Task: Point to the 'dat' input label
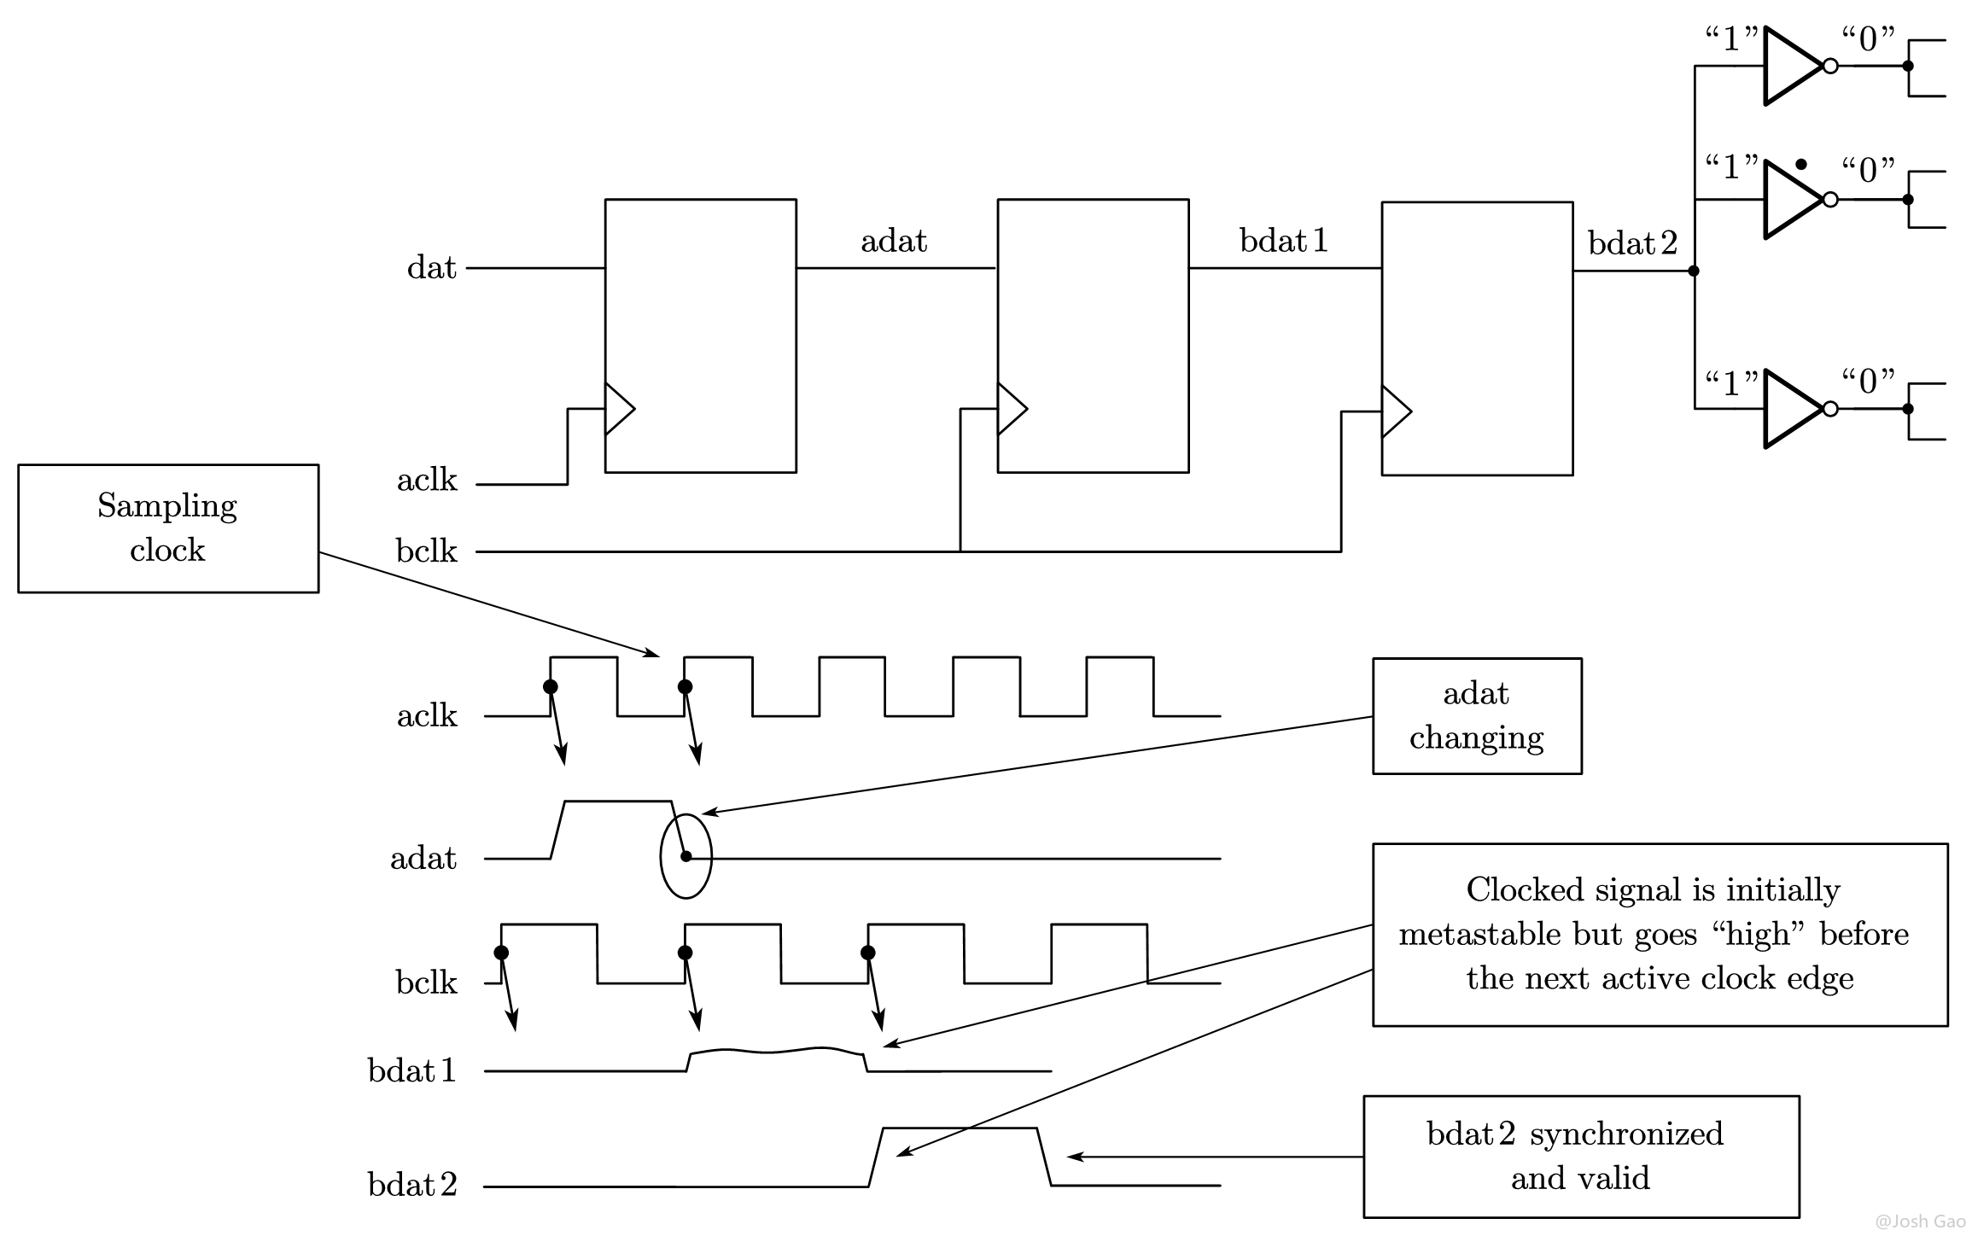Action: click(x=432, y=267)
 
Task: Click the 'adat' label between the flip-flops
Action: click(x=894, y=241)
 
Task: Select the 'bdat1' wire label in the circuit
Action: click(x=1284, y=241)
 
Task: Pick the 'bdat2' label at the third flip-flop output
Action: click(x=1632, y=243)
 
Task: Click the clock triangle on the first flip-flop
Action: click(x=619, y=409)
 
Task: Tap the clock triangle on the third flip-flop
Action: click(x=1396, y=411)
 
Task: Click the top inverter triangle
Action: click(x=1793, y=66)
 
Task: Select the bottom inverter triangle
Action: click(x=1793, y=409)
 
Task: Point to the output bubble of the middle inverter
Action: click(x=1830, y=199)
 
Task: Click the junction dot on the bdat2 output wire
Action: click(x=1694, y=271)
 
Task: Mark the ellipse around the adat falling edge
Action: click(x=662, y=856)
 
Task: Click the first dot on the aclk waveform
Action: click(x=551, y=686)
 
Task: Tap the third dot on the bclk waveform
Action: click(x=868, y=953)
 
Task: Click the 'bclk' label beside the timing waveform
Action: click(x=427, y=982)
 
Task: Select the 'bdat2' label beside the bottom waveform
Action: click(x=412, y=1184)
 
